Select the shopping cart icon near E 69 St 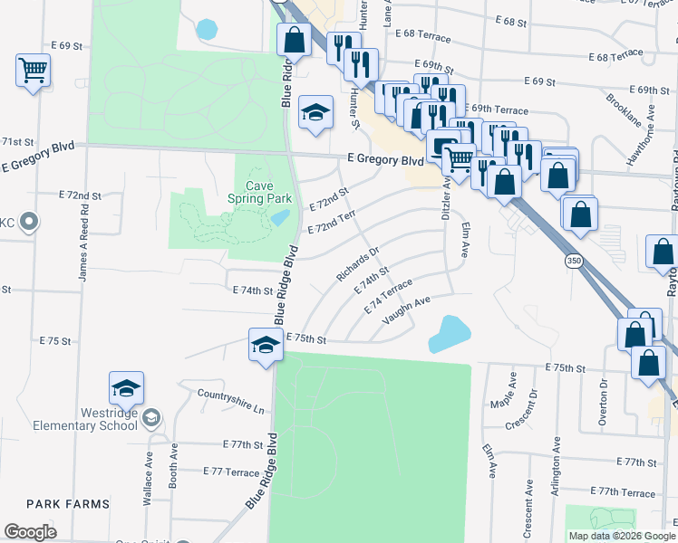tap(33, 70)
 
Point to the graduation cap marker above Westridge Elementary tap(126, 388)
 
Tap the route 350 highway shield tap(573, 261)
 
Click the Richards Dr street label tap(357, 263)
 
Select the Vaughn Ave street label tap(405, 311)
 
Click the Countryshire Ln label tap(231, 401)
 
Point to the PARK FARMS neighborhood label tap(68, 503)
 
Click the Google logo tap(31, 532)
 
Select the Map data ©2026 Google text tap(621, 536)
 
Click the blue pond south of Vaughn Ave tap(449, 333)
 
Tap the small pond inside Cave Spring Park tap(280, 218)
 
